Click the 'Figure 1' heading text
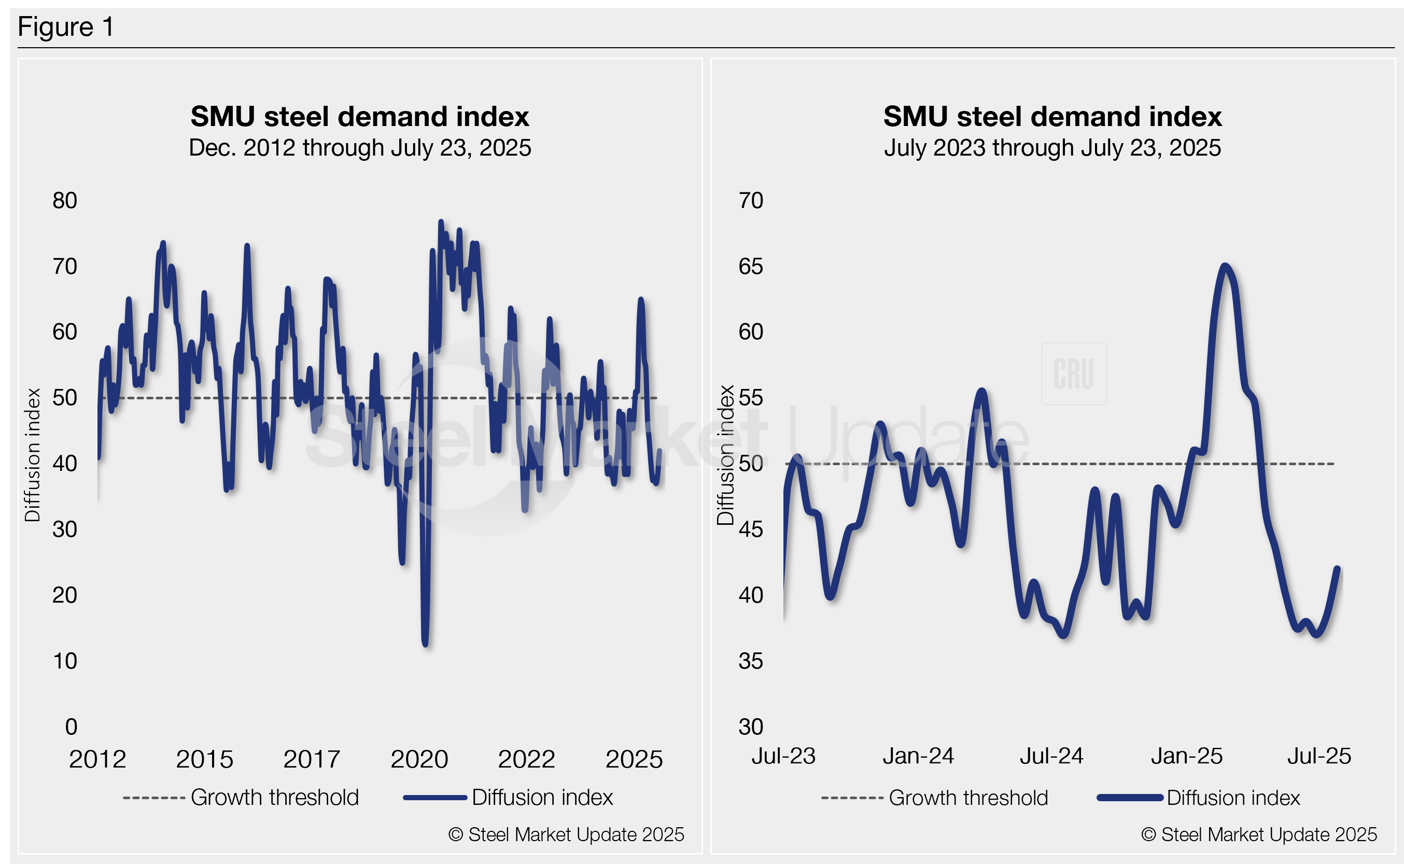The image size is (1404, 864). [66, 27]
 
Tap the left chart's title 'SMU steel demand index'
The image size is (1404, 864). [360, 117]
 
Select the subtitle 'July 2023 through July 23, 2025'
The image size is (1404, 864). [1052, 148]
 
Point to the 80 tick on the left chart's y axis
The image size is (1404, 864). [64, 201]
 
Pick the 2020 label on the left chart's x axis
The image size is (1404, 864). [419, 759]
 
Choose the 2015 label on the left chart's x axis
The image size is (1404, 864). [204, 759]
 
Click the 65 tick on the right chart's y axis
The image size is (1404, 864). [751, 266]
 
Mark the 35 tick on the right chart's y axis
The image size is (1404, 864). [751, 661]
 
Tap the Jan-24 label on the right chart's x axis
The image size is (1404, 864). [918, 757]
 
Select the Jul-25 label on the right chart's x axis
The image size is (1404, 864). [1319, 757]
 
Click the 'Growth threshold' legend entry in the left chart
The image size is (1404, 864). [274, 798]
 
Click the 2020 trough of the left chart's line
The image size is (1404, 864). [426, 645]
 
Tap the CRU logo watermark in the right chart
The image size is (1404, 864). [1074, 374]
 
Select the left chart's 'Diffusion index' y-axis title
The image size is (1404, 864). [33, 455]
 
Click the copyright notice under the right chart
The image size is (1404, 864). [1259, 835]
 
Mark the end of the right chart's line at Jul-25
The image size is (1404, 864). [1337, 568]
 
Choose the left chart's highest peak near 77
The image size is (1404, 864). [440, 222]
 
